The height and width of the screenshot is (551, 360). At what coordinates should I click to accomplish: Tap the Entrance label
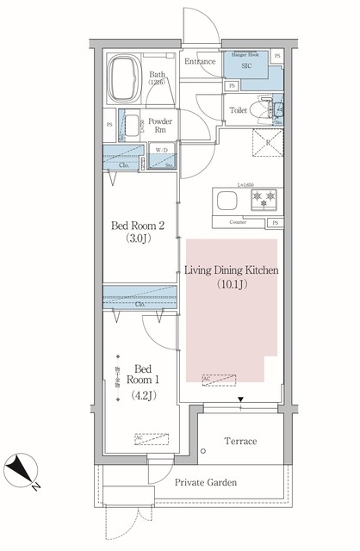pos(200,61)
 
